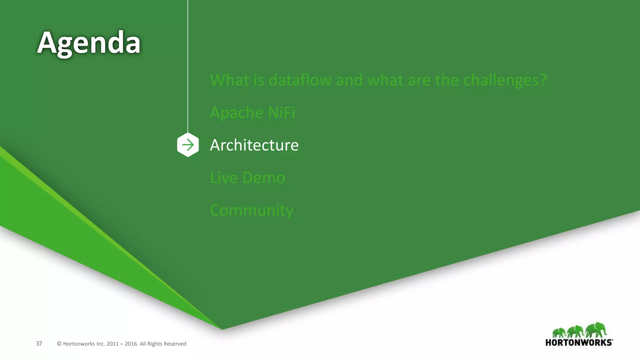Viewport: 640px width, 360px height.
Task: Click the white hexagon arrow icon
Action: (188, 145)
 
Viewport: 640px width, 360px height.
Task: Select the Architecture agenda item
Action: (254, 145)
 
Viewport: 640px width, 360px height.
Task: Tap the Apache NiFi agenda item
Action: (252, 112)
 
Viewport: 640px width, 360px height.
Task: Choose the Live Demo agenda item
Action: (247, 177)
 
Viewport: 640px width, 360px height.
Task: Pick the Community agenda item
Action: (252, 210)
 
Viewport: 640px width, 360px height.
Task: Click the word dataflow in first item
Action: (300, 80)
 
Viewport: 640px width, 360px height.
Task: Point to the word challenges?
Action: (505, 80)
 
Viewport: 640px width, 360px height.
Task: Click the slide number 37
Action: (39, 343)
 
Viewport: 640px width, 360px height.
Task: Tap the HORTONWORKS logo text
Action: (579, 342)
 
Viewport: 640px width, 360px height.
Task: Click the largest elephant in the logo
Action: (596, 330)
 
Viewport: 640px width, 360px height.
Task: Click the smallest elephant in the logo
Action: (559, 332)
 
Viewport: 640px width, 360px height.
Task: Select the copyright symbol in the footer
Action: (59, 344)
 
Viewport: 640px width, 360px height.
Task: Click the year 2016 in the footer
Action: (131, 344)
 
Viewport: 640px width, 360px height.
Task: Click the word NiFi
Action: (281, 112)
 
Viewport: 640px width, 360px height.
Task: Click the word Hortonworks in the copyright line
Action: (79, 344)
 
